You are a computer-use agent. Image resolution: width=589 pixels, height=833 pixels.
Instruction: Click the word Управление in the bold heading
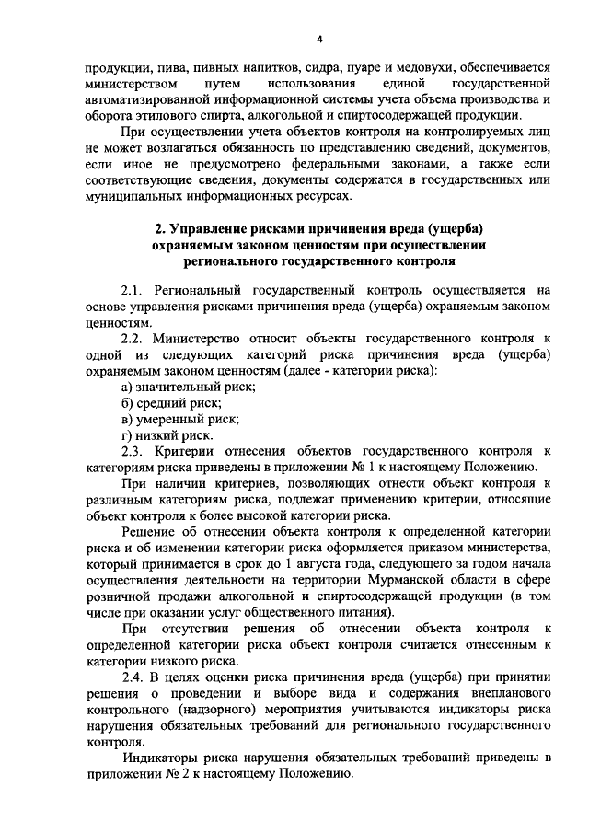click(x=215, y=228)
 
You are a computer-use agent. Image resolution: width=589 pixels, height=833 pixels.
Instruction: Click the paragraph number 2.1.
click(x=133, y=291)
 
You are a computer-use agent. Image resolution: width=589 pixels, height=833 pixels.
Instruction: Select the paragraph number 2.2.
click(x=133, y=339)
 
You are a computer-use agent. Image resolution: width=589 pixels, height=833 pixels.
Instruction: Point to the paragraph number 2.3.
click(x=133, y=451)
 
